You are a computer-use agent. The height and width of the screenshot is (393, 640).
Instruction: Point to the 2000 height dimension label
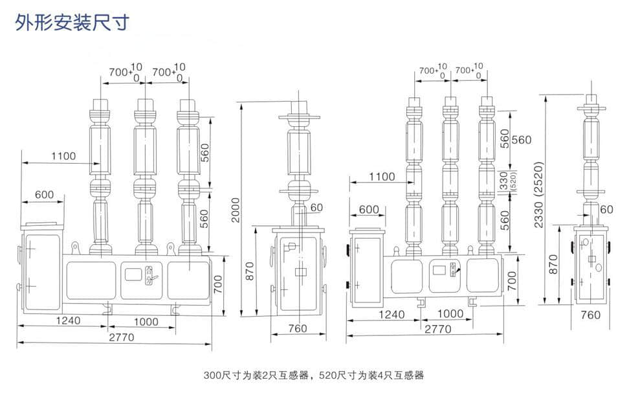[x=236, y=210]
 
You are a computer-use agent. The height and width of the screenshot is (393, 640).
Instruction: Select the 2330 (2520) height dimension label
[x=539, y=194]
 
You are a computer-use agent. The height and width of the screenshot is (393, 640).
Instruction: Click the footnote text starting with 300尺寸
[x=313, y=375]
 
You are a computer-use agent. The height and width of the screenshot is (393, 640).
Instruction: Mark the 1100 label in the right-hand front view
[x=382, y=176]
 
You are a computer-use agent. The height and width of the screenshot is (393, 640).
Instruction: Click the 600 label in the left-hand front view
[x=44, y=194]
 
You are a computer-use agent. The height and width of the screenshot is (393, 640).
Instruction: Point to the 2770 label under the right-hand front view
[x=437, y=329]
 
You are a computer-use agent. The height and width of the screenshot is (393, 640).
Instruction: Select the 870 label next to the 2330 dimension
[x=553, y=264]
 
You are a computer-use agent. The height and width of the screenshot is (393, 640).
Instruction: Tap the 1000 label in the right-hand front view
[x=450, y=313]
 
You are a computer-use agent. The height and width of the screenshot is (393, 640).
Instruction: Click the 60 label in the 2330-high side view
[x=606, y=208]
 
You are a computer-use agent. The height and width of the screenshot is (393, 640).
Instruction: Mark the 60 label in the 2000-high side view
[x=316, y=207]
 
